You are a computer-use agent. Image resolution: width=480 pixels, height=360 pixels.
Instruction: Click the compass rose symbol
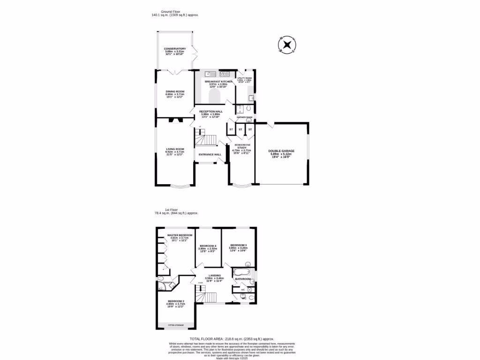pyautogui.click(x=286, y=45)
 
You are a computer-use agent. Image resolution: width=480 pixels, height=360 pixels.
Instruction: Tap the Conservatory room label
pyautogui.click(x=175, y=49)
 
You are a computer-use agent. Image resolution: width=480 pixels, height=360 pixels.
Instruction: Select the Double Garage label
pyautogui.click(x=280, y=150)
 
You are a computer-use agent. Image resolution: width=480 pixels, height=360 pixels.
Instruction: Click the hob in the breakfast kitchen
pyautogui.click(x=225, y=74)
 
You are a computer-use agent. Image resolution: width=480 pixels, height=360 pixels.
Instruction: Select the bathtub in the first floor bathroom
pyautogui.click(x=241, y=272)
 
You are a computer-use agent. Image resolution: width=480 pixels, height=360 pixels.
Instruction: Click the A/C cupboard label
pyautogui.click(x=243, y=290)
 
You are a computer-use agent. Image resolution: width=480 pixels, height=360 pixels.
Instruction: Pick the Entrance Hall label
pyautogui.click(x=210, y=154)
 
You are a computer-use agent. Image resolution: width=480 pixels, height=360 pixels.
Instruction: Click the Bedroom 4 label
pyautogui.click(x=208, y=246)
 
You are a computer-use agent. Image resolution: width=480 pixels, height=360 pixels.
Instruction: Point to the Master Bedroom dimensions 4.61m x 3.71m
pyautogui.click(x=180, y=238)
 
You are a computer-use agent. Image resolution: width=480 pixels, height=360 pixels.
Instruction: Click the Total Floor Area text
pyautogui.click(x=232, y=338)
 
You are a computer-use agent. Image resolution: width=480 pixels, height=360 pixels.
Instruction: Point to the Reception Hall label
pyautogui.click(x=211, y=112)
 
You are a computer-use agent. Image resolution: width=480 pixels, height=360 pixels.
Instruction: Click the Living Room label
pyautogui.click(x=175, y=149)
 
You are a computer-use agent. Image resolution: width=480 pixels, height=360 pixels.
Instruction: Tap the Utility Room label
pyautogui.click(x=245, y=78)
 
